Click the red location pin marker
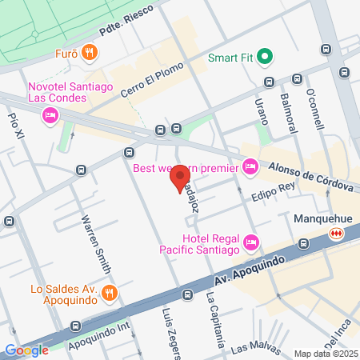[182, 178]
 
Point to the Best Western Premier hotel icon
[250, 166]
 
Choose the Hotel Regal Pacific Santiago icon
[251, 241]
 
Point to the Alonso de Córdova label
[310, 176]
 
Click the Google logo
[26, 350]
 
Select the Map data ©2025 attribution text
[325, 354]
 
